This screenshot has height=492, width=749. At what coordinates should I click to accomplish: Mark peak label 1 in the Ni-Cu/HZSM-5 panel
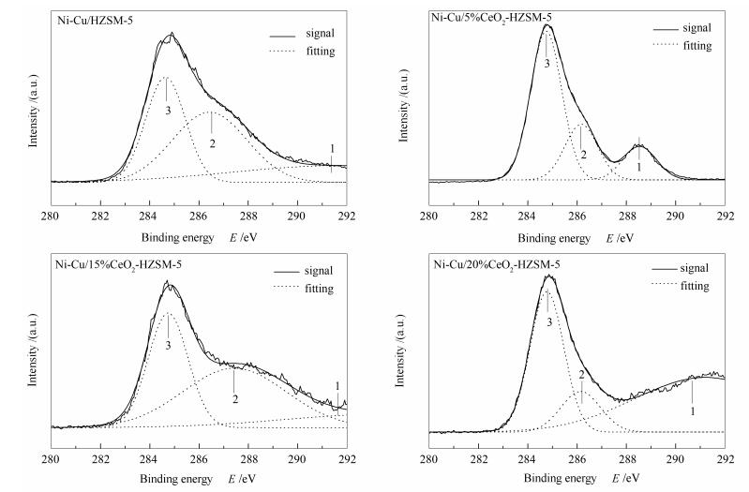point(331,148)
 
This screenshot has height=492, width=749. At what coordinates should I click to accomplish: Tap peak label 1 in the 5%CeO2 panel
point(638,166)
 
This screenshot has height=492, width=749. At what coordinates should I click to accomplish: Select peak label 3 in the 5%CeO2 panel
point(547,63)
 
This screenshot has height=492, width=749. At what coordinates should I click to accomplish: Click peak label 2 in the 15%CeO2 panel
point(234,399)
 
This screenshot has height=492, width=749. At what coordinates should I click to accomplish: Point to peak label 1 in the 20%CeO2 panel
point(692,410)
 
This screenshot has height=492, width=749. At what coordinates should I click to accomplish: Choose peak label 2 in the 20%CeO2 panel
point(581,375)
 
